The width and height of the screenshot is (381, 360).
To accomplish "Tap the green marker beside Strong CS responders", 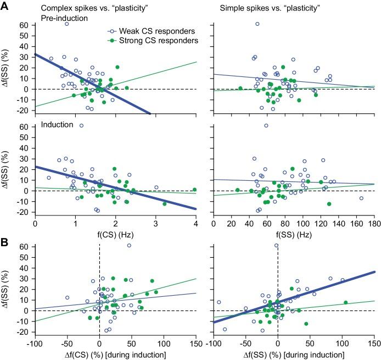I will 113,40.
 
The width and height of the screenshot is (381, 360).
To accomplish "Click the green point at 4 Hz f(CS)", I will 194,190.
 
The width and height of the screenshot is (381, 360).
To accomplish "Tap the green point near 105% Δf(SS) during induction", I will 345,302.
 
